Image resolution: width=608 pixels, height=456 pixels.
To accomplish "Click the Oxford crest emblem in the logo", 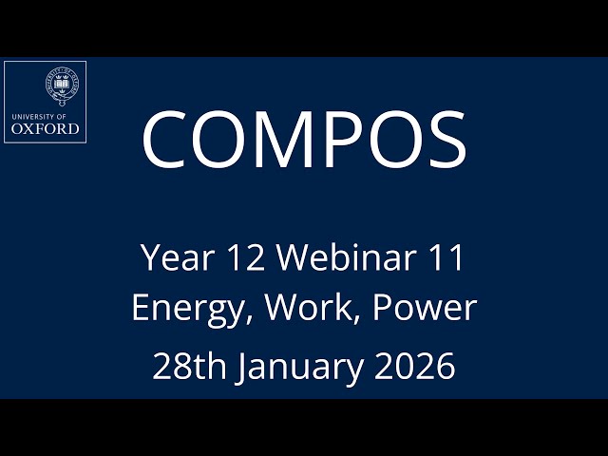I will pos(63,85).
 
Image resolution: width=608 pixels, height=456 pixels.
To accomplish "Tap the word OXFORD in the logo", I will pos(45,128).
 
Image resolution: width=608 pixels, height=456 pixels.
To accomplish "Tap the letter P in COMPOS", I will pos(352,139).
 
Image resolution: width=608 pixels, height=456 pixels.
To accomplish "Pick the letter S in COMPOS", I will pos(444,139).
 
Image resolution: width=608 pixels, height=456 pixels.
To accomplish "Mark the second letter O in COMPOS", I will pos(399,139).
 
